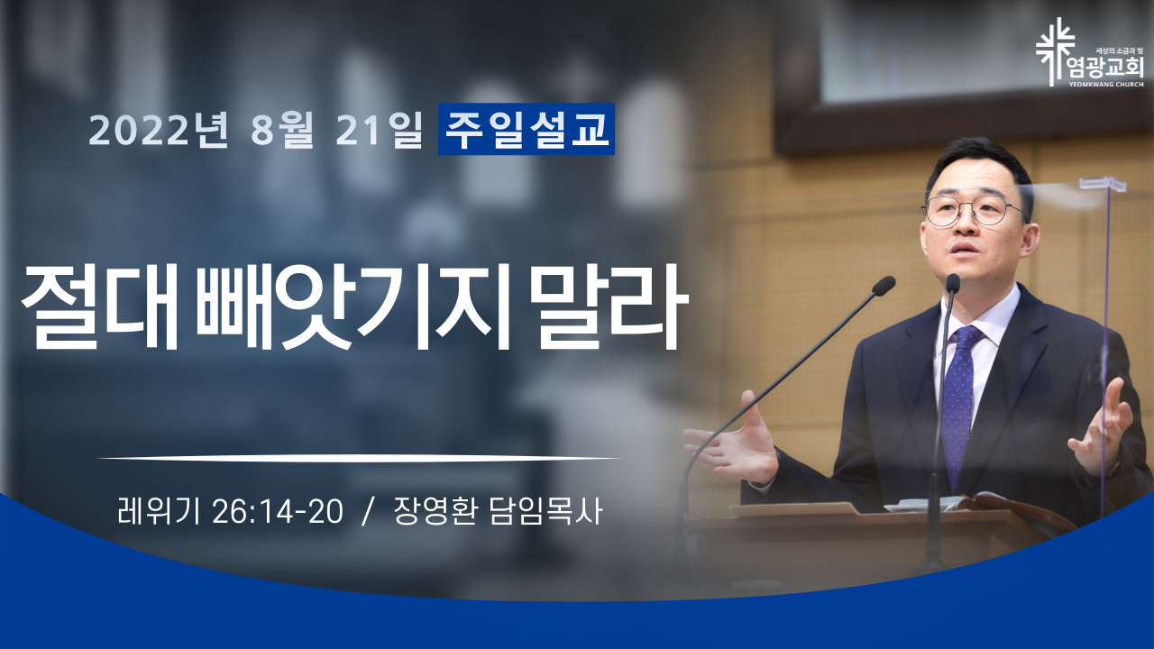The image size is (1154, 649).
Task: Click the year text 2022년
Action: coord(159,131)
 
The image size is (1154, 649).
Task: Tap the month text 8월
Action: coord(282,131)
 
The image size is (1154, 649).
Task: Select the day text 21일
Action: coord(380,131)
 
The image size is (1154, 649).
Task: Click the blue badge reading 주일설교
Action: coord(527,129)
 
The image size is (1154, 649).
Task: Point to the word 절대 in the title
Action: coord(100,307)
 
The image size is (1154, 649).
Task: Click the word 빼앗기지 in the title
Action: coord(355,307)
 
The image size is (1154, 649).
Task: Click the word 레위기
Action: coord(159,511)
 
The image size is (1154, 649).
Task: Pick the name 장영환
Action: coord(435,511)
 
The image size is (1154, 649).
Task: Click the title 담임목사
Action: coord(545,511)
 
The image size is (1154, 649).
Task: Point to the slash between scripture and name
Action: coord(367,512)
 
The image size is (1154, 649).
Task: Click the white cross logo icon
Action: coord(1056,52)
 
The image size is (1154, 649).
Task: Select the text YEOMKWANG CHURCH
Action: coord(1113,85)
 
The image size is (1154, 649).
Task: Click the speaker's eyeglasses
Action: coord(972,211)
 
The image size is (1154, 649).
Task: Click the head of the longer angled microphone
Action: coord(883,286)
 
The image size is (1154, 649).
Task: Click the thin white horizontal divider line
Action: coord(359,457)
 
